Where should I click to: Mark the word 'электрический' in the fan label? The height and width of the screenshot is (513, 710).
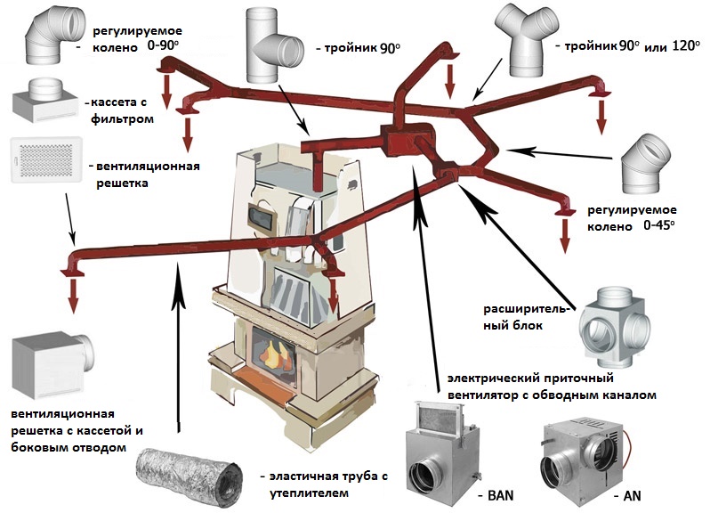(x=490, y=377)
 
